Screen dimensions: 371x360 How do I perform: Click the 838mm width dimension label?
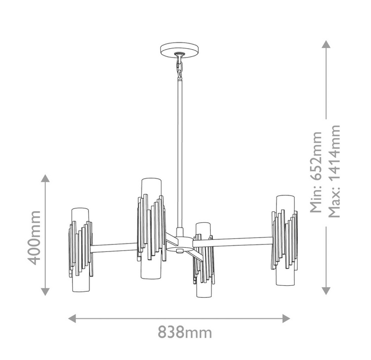click(x=185, y=332)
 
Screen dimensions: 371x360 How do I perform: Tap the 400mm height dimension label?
click(x=34, y=238)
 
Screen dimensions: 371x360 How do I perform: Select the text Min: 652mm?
click(x=316, y=172)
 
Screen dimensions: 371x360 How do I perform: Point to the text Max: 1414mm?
click(x=334, y=171)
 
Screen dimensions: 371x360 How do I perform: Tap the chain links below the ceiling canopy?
click(x=179, y=67)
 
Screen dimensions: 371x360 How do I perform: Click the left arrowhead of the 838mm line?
click(x=72, y=318)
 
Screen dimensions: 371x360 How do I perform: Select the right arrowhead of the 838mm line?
click(x=286, y=318)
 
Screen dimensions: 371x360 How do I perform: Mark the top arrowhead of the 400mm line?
click(x=45, y=178)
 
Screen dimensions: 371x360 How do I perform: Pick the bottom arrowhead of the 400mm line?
click(x=45, y=292)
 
